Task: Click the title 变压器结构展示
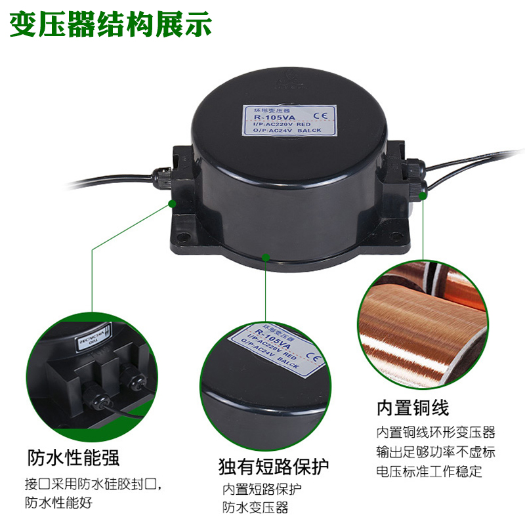[110, 24]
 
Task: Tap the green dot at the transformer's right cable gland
[423, 194]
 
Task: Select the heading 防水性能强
[73, 457]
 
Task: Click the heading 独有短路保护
[274, 467]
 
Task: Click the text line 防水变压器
[255, 507]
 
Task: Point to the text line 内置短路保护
[262, 490]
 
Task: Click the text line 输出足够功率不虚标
[435, 452]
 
